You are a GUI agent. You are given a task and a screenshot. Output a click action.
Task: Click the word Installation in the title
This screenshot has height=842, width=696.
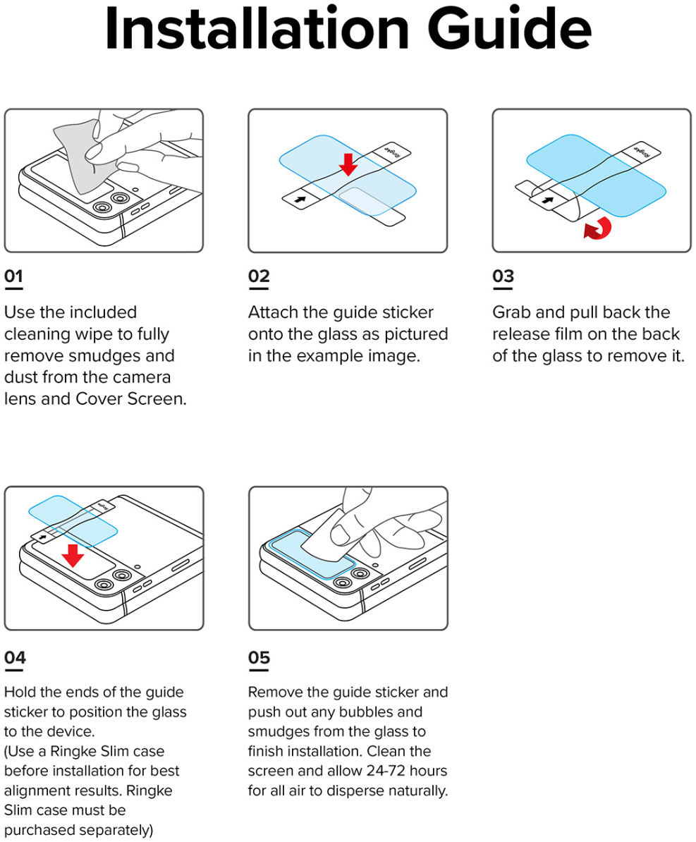click(256, 30)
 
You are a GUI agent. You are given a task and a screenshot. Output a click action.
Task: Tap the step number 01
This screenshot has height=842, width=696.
click(13, 276)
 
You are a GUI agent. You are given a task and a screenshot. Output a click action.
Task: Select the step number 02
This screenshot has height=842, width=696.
click(259, 276)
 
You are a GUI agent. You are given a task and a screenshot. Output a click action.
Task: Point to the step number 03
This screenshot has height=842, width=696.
click(503, 276)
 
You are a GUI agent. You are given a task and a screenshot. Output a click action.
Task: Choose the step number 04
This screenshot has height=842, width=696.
click(15, 657)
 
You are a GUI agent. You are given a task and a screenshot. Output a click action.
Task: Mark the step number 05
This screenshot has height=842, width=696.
click(259, 657)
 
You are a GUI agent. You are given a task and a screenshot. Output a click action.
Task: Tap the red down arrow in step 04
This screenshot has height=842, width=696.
click(72, 554)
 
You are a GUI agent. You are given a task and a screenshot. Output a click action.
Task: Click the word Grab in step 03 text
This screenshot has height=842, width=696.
click(511, 312)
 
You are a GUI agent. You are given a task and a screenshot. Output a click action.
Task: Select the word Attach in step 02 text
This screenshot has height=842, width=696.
click(272, 312)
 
